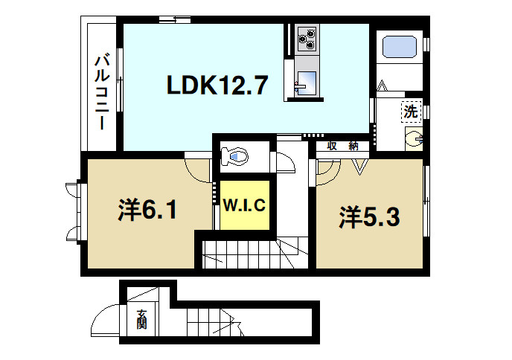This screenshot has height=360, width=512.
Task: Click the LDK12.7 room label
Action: click(x=217, y=87)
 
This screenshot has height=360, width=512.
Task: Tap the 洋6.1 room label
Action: click(x=147, y=212)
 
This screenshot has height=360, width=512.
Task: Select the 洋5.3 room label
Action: click(x=371, y=217)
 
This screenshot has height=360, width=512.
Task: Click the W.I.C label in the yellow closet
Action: click(x=244, y=205)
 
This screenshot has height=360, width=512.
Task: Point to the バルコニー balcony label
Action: click(x=103, y=91)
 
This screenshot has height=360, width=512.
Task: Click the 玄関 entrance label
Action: click(x=141, y=321)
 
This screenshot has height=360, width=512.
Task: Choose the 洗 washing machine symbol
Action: click(x=411, y=112)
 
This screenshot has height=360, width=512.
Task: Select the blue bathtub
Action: click(x=400, y=48)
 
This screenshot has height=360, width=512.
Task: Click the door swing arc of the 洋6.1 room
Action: click(x=199, y=170)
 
